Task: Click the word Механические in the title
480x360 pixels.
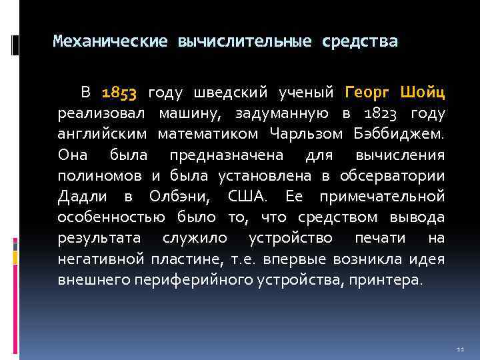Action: pyautogui.click(x=110, y=42)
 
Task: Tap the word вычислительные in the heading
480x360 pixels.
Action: pyautogui.click(x=245, y=42)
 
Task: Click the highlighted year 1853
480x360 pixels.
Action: pyautogui.click(x=119, y=91)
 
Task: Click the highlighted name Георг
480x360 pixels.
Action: pyautogui.click(x=369, y=91)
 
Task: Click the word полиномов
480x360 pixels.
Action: pyautogui.click(x=99, y=176)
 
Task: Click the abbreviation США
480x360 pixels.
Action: pyautogui.click(x=246, y=197)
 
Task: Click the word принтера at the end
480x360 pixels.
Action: pyautogui.click(x=387, y=281)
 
